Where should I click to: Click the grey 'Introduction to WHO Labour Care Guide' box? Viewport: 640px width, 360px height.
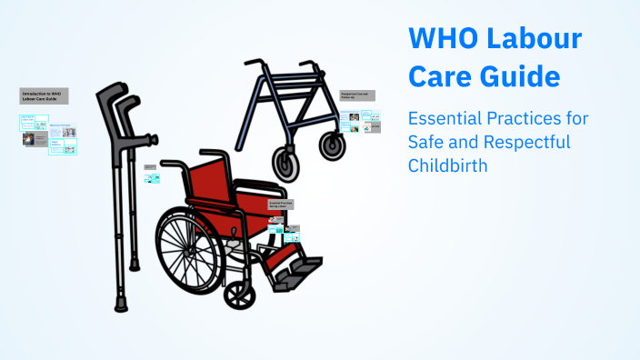pos(44,95)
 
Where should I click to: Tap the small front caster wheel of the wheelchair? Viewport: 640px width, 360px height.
pos(239,293)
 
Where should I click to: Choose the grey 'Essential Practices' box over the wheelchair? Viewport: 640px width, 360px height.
pos(281,206)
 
